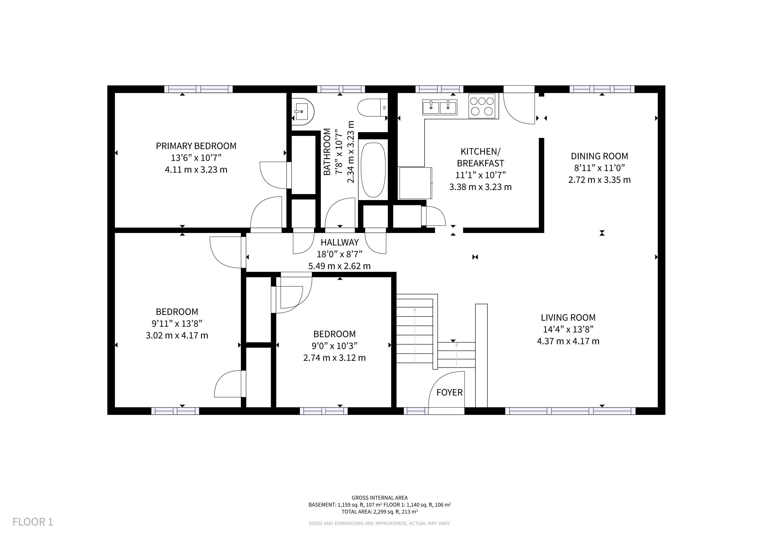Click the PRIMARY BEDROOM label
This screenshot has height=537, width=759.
pyautogui.click(x=196, y=146)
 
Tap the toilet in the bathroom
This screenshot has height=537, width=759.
pyautogui.click(x=373, y=108)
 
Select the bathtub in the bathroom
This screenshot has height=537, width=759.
pyautogui.click(x=373, y=170)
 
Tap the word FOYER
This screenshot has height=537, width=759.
pyautogui.click(x=449, y=393)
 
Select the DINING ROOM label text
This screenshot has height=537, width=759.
pyautogui.click(x=599, y=156)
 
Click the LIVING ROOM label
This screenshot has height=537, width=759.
pyautogui.click(x=568, y=318)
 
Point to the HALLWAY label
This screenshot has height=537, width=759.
pyautogui.click(x=339, y=242)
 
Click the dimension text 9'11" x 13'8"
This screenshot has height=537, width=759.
pyautogui.click(x=177, y=323)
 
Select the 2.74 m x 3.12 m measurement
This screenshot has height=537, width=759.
pyautogui.click(x=334, y=358)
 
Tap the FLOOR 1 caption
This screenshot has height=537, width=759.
pyautogui.click(x=33, y=522)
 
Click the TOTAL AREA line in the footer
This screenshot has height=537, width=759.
pyautogui.click(x=379, y=512)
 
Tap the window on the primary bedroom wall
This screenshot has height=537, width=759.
pyautogui.click(x=198, y=89)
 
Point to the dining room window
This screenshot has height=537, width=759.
pyautogui.click(x=602, y=89)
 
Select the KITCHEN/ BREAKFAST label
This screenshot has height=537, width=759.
pyautogui.click(x=480, y=157)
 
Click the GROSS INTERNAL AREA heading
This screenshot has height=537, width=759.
pyautogui.click(x=379, y=498)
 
